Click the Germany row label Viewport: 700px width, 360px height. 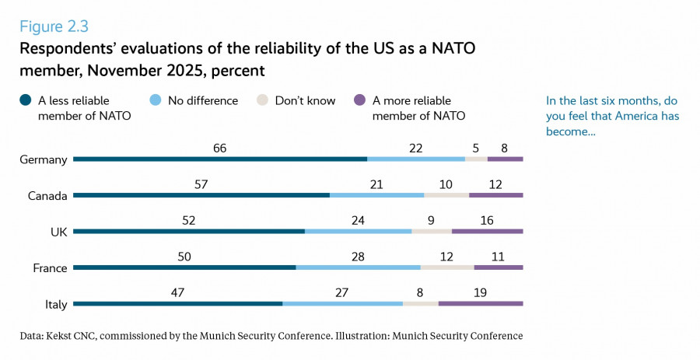[x=44, y=159]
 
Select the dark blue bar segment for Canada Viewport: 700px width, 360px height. [x=201, y=194]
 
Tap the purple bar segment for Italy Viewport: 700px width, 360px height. [x=481, y=303]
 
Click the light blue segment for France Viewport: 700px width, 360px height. [x=358, y=267]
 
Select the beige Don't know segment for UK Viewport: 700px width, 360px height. [x=432, y=231]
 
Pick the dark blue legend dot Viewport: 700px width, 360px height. [x=26, y=101]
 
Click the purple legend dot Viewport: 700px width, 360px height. [x=359, y=101]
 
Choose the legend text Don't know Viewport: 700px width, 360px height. [x=305, y=101]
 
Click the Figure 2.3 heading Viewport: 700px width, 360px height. [x=54, y=28]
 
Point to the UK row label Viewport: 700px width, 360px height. [x=57, y=232]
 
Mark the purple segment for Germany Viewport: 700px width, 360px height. [x=505, y=159]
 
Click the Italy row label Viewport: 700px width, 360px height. [x=56, y=304]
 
